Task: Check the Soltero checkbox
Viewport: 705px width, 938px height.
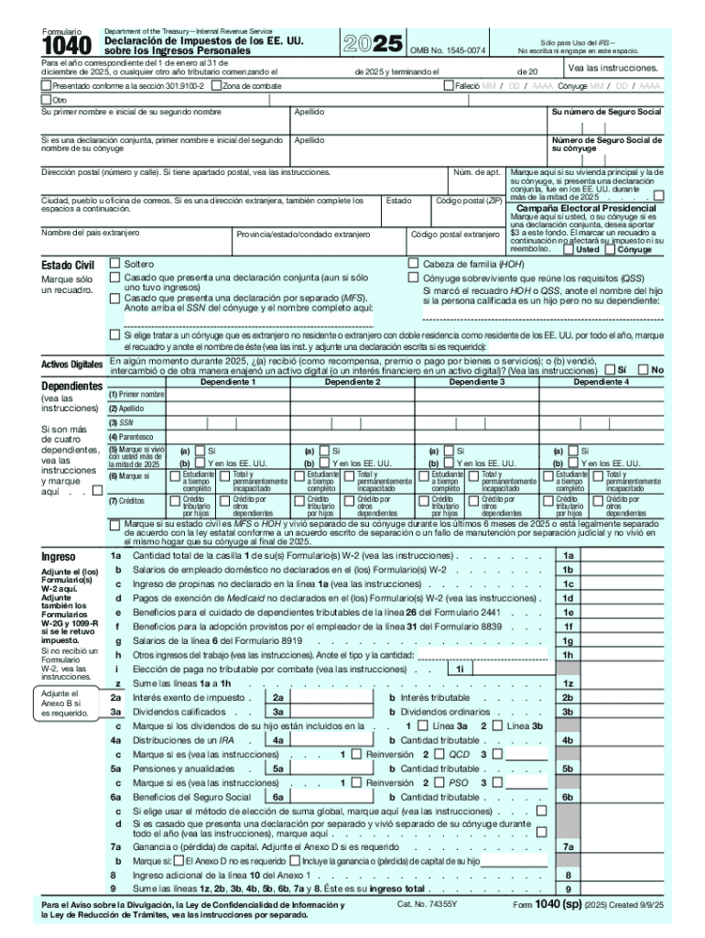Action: (115, 263)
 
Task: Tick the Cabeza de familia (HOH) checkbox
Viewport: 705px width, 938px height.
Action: (413, 263)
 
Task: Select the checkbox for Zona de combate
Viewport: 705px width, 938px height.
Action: (216, 86)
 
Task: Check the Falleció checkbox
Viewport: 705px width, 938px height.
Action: (449, 86)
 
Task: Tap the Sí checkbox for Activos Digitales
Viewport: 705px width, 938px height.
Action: (610, 370)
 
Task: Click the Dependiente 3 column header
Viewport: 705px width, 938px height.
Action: (477, 381)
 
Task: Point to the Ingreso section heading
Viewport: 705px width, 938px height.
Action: (60, 556)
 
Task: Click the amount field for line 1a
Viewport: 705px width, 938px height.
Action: (623, 555)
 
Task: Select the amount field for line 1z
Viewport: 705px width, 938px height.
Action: (623, 683)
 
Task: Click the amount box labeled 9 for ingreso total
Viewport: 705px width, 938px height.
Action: (623, 888)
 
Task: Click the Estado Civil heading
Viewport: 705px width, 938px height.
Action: (69, 266)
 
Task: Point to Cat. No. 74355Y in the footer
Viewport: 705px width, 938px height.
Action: (427, 904)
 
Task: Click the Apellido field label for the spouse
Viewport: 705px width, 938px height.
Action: (309, 140)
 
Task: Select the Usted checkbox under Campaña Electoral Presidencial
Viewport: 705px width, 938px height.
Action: (569, 249)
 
